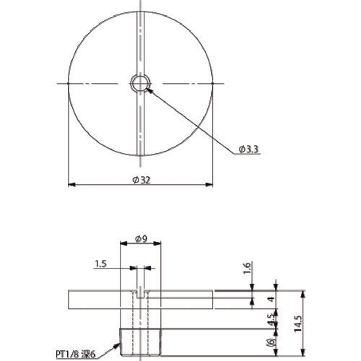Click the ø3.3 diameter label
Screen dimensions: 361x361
coord(247,149)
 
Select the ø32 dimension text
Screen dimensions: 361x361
coord(142,180)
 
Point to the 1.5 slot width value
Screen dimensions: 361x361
coord(101,265)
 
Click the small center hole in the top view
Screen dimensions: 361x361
coord(139,83)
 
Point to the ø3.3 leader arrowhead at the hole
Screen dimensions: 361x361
coord(147,89)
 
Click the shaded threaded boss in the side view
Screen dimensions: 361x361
coord(139,342)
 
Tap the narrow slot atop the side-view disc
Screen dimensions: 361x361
coord(139,294)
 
